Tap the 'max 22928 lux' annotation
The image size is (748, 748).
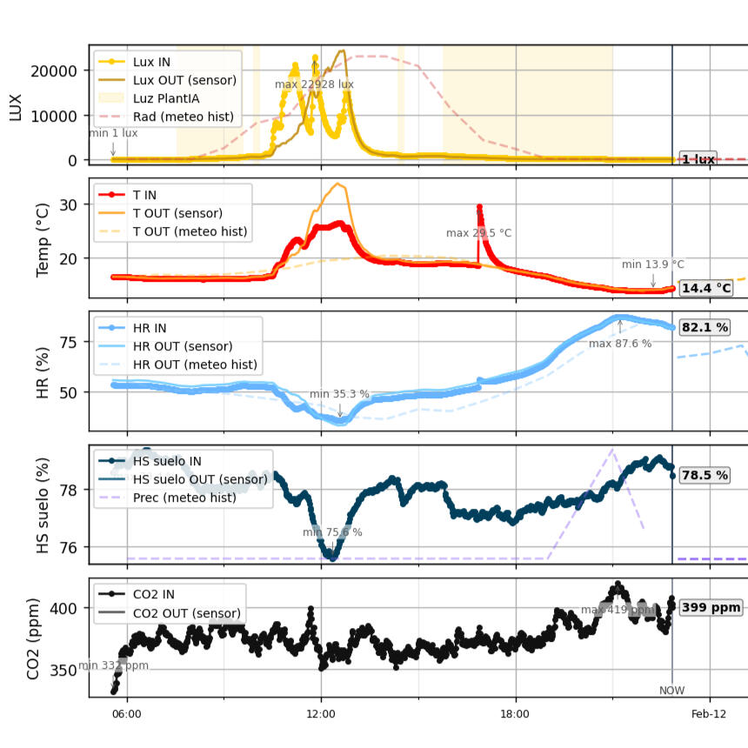(x=314, y=84)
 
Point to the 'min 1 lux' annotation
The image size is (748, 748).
(x=113, y=133)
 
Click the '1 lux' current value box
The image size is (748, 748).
(x=698, y=159)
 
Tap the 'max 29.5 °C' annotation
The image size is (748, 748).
(x=478, y=233)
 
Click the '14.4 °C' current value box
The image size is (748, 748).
(x=705, y=288)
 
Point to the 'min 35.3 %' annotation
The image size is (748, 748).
(x=339, y=394)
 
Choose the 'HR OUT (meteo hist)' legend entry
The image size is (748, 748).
(x=192, y=364)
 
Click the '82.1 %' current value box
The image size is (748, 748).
(x=705, y=327)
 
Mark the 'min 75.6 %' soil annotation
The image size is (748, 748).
(x=332, y=532)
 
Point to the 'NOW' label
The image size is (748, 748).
(x=671, y=691)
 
